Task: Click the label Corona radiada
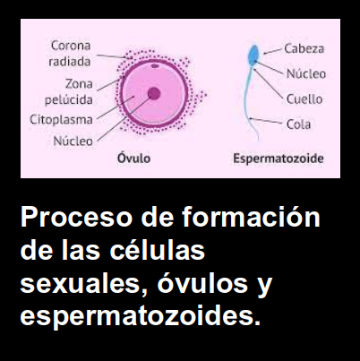click(70, 54)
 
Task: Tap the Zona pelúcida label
click(69, 91)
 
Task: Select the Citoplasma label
click(61, 120)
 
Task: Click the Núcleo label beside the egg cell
click(73, 141)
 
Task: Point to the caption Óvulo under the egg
click(133, 158)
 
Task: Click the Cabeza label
click(304, 48)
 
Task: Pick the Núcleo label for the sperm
click(306, 73)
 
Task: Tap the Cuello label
click(304, 99)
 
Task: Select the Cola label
click(298, 125)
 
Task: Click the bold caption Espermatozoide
click(279, 159)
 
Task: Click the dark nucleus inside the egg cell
click(154, 94)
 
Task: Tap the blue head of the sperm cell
click(253, 55)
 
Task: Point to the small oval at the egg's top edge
click(155, 65)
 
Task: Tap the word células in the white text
click(157, 250)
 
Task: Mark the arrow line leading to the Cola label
click(266, 121)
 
